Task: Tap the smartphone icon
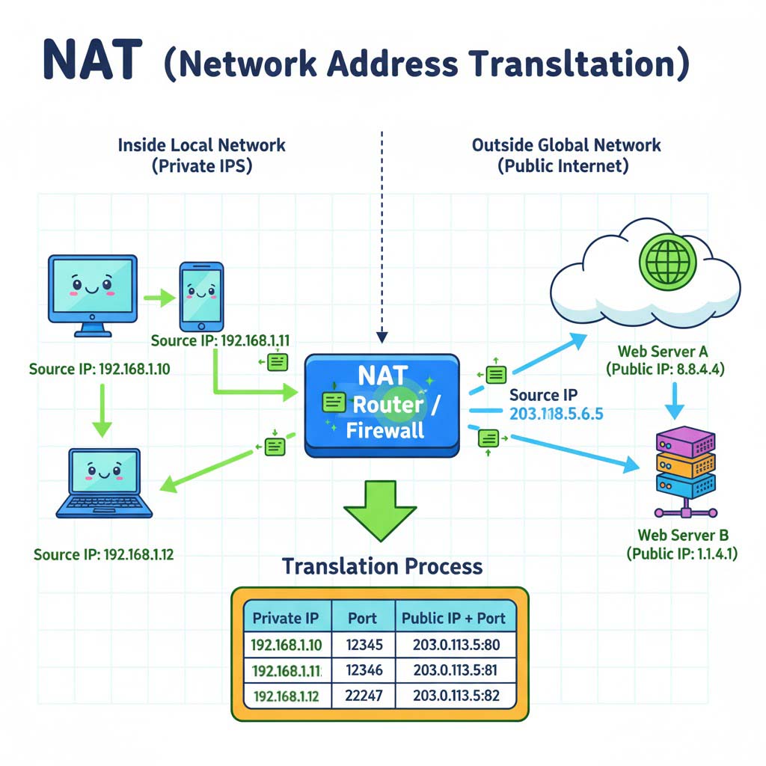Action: (x=201, y=295)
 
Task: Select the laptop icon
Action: (x=104, y=482)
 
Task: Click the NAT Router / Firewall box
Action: (x=382, y=405)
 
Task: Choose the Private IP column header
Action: (x=286, y=618)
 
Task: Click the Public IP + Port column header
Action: (x=454, y=618)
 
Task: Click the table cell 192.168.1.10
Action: (x=287, y=644)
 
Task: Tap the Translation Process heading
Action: (x=382, y=566)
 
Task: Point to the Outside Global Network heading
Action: (x=566, y=144)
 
